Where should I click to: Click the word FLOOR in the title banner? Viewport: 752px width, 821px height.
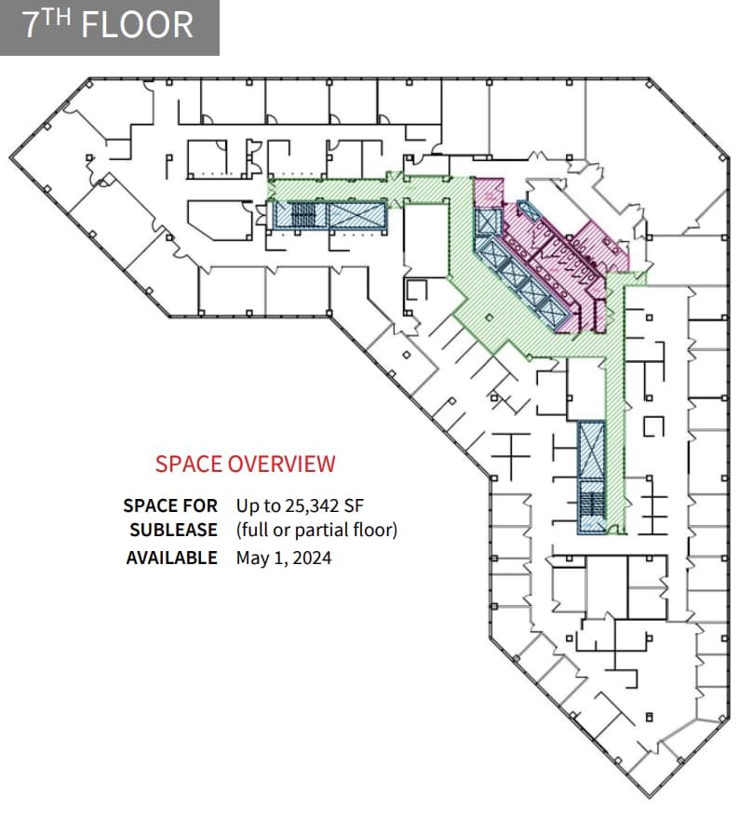click(x=138, y=25)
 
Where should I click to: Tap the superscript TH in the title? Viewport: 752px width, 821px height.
click(x=60, y=17)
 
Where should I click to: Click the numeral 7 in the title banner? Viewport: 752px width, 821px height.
click(x=32, y=25)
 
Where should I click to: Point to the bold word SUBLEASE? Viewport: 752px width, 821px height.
click(x=173, y=531)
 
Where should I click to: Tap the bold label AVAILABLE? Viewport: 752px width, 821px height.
click(x=171, y=559)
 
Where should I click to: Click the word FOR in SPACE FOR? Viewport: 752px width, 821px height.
click(x=200, y=505)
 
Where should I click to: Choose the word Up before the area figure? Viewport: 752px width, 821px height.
click(x=248, y=505)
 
